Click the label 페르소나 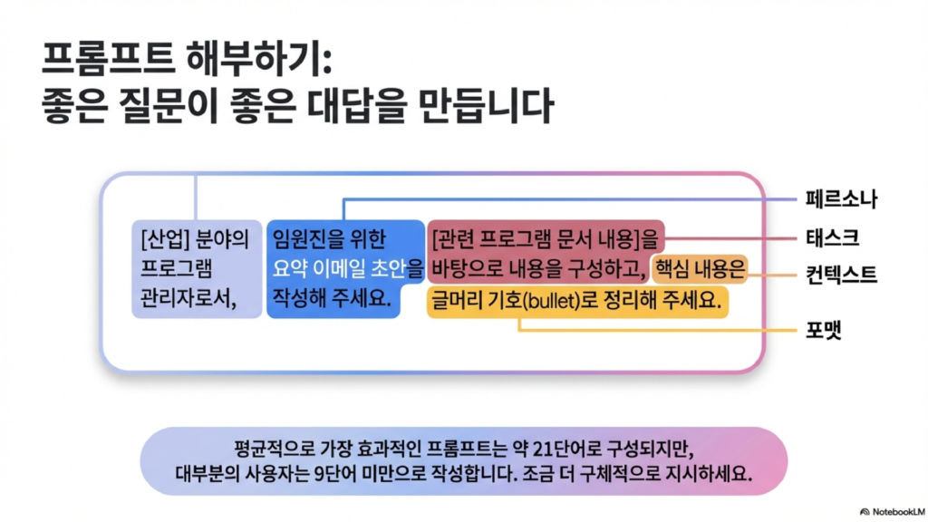[841, 199]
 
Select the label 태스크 [832, 238]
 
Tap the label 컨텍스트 [841, 275]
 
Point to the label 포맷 [823, 330]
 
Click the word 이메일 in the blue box [339, 268]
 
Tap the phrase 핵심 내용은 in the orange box [701, 270]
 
